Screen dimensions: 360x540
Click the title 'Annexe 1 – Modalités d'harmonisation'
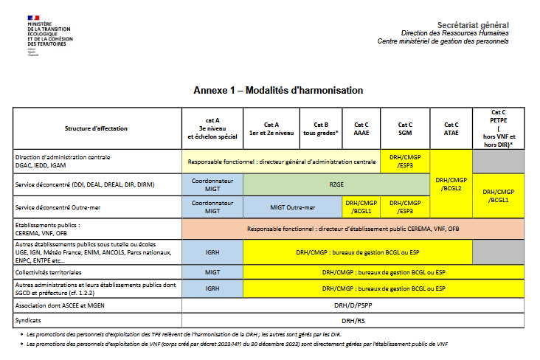pos(279,91)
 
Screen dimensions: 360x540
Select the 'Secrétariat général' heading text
pos(473,25)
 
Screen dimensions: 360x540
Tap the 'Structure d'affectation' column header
pos(96,128)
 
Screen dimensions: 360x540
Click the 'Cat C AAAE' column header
pos(361,128)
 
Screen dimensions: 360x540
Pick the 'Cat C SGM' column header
pos(405,128)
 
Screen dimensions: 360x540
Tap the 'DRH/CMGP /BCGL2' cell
pos(451,184)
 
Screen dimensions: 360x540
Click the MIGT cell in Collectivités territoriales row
pos(212,272)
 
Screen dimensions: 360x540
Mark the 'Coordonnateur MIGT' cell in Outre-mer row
pos(212,207)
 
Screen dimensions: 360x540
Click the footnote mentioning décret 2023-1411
pos(236,345)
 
